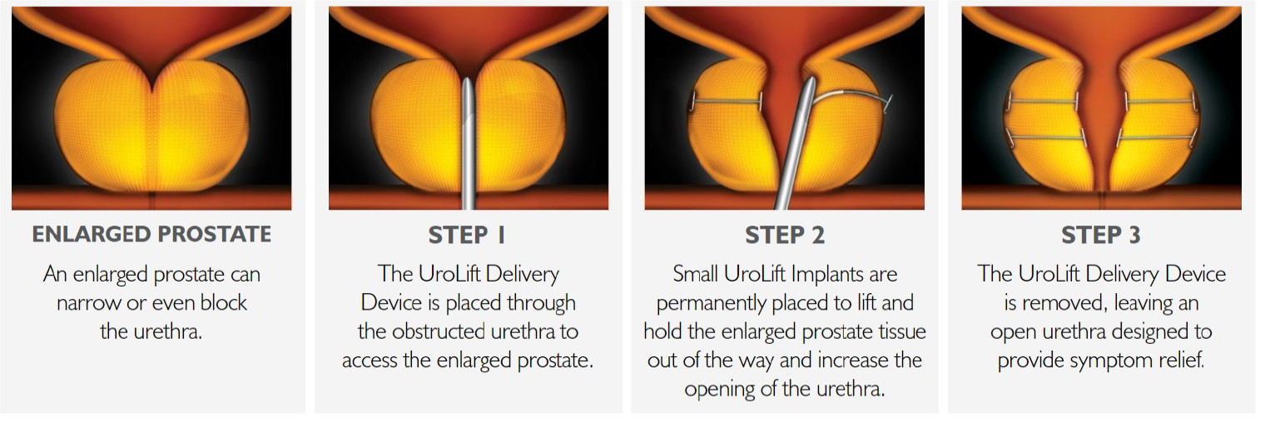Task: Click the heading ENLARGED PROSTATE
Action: pyautogui.click(x=151, y=234)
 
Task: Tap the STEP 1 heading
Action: pyautogui.click(x=467, y=235)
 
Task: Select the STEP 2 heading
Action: pyautogui.click(x=784, y=235)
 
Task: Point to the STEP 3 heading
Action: pyautogui.click(x=1101, y=235)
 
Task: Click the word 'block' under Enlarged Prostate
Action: pyautogui.click(x=223, y=303)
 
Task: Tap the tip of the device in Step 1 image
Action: pyautogui.click(x=467, y=80)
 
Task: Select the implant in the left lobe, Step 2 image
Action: pyautogui.click(x=727, y=102)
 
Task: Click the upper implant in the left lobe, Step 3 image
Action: pyautogui.click(x=1042, y=102)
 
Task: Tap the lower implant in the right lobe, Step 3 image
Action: pyautogui.click(x=1157, y=137)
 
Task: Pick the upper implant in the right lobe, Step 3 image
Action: pyautogui.click(x=1161, y=102)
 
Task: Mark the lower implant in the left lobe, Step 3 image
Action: pyautogui.click(x=1046, y=137)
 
